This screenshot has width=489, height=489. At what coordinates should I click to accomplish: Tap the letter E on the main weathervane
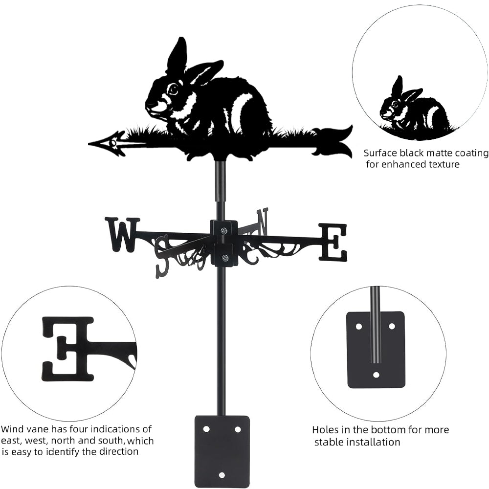333,242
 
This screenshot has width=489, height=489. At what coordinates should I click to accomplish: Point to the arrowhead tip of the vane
89,144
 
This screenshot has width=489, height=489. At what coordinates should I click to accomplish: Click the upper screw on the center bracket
224,231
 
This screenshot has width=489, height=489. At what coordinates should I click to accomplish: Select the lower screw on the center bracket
224,258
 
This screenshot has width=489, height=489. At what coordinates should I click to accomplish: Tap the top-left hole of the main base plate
206,429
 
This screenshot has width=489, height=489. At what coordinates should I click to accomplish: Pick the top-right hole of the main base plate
238,429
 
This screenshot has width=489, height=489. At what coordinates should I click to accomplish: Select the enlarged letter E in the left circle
67,346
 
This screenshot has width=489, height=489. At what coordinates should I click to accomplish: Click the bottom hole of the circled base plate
376,375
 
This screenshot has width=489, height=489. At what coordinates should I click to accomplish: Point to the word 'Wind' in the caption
11,429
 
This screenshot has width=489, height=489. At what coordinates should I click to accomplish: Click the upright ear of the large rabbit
178,55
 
